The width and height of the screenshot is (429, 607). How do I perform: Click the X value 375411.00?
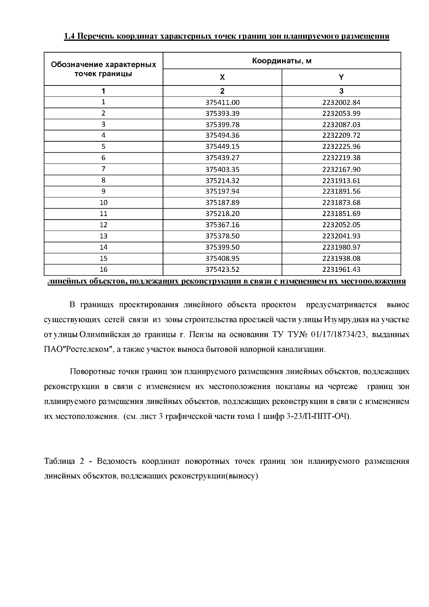pyautogui.click(x=222, y=103)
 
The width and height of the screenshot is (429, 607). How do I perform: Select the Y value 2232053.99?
pyautogui.click(x=341, y=114)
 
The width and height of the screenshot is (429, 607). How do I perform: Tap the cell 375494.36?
pyautogui.click(x=222, y=136)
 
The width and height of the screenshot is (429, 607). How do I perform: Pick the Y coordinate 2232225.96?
pyautogui.click(x=341, y=147)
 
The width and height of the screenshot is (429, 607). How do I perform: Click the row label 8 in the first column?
pyautogui.click(x=103, y=180)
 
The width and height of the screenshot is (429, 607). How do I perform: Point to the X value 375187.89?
pyautogui.click(x=222, y=202)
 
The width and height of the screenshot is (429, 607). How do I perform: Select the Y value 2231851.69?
pyautogui.click(x=341, y=214)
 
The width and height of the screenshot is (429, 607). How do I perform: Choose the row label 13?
pyautogui.click(x=103, y=236)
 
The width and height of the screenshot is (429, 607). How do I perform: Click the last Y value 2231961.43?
pyautogui.click(x=341, y=269)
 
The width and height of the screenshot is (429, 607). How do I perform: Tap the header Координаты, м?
pyautogui.click(x=282, y=61)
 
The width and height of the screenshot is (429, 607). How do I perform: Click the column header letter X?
pyautogui.click(x=222, y=77)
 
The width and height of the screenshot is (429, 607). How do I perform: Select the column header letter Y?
pyautogui.click(x=341, y=77)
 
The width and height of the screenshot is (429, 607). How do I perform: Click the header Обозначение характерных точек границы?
pyautogui.click(x=103, y=69)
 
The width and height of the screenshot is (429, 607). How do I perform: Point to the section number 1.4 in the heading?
pyautogui.click(x=69, y=36)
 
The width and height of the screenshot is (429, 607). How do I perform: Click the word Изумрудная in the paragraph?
pyautogui.click(x=344, y=319)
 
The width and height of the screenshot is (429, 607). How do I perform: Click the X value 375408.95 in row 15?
pyautogui.click(x=222, y=258)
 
